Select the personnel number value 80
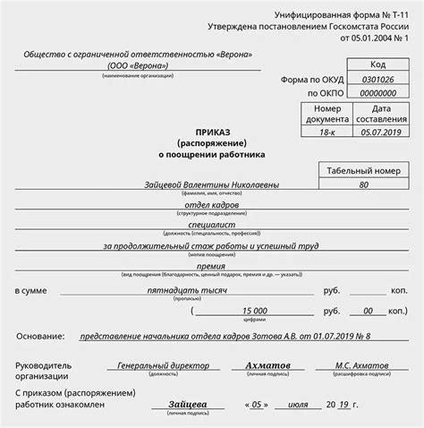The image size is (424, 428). [x=363, y=184]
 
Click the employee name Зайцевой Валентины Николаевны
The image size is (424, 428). [x=224, y=184]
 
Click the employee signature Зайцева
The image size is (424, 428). [x=189, y=404]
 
